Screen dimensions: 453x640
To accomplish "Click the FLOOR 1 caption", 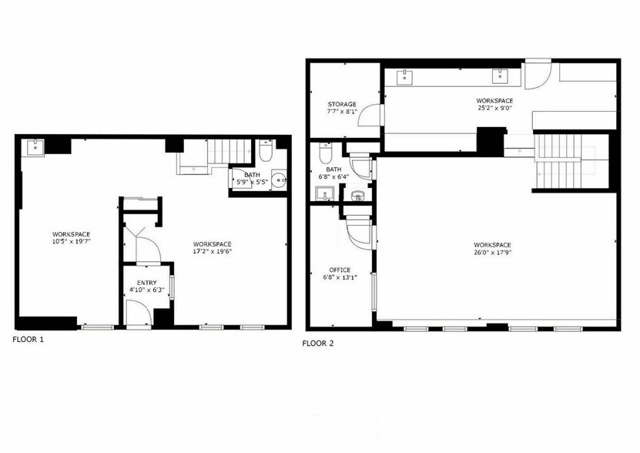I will click(x=28, y=339).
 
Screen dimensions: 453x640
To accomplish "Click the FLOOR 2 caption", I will click(x=317, y=344).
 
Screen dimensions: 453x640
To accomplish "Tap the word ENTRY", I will click(x=146, y=284).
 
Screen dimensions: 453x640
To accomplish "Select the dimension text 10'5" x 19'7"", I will click(x=71, y=242).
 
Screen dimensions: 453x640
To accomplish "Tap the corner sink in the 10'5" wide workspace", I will click(x=34, y=147).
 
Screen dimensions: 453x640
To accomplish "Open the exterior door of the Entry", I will click(x=139, y=312).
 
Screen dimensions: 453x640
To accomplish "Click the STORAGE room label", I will click(x=342, y=104).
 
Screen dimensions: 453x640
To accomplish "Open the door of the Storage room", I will click(x=373, y=116).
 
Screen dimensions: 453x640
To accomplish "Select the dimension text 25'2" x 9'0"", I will click(x=494, y=109).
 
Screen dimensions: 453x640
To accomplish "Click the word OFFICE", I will click(x=340, y=270).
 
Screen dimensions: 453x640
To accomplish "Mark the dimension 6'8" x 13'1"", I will click(x=340, y=278).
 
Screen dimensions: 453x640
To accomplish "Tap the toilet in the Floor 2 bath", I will click(x=324, y=154).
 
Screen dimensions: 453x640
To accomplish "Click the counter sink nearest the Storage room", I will click(x=404, y=75).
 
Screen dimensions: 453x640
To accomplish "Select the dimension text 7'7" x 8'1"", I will click(x=342, y=112).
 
